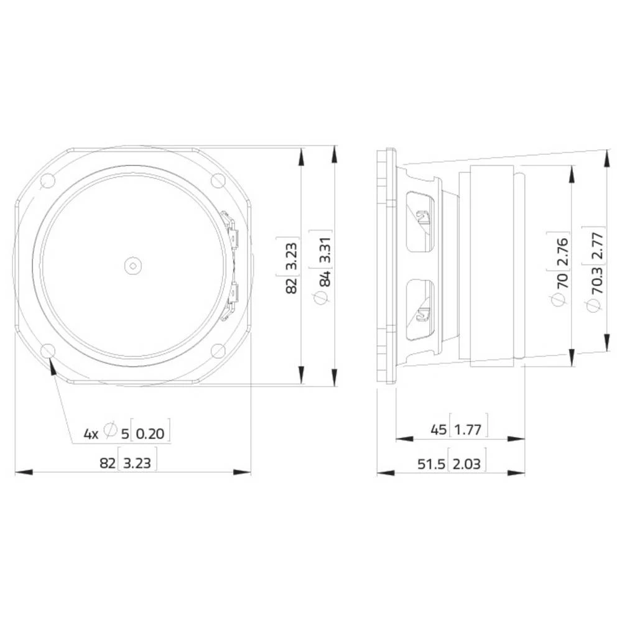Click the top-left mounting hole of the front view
[x=47, y=181]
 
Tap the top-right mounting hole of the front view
[x=218, y=181]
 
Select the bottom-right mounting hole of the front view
[x=218, y=351]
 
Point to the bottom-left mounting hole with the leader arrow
[x=47, y=351]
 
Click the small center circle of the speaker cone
[x=132, y=266]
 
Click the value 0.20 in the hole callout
[x=151, y=433]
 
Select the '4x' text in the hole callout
[x=91, y=433]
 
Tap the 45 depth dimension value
[x=438, y=429]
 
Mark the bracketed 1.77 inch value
[x=471, y=429]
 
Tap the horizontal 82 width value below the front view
[x=107, y=463]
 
